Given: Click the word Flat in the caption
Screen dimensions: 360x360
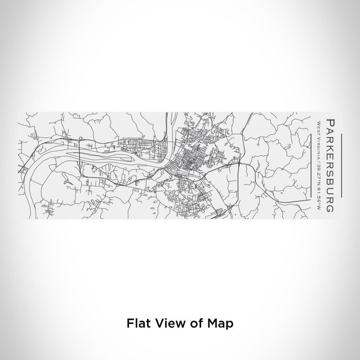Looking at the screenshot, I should coord(137,323).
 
